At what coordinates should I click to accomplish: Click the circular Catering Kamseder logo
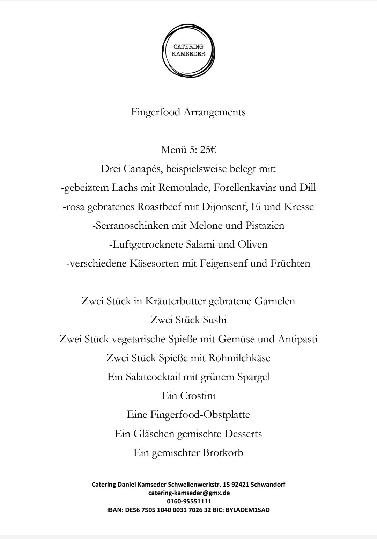pyautogui.click(x=188, y=51)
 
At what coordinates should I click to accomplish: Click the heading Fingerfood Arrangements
pyautogui.click(x=188, y=112)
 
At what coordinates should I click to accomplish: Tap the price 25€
pyautogui.click(x=208, y=150)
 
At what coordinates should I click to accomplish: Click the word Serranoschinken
pyautogui.click(x=131, y=226)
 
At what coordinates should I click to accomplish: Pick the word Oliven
pyautogui.click(x=252, y=245)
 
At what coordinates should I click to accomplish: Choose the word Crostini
pyautogui.click(x=198, y=396)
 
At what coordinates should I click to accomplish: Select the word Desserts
pyautogui.click(x=243, y=434)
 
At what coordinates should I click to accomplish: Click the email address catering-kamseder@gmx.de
pyautogui.click(x=189, y=493)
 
